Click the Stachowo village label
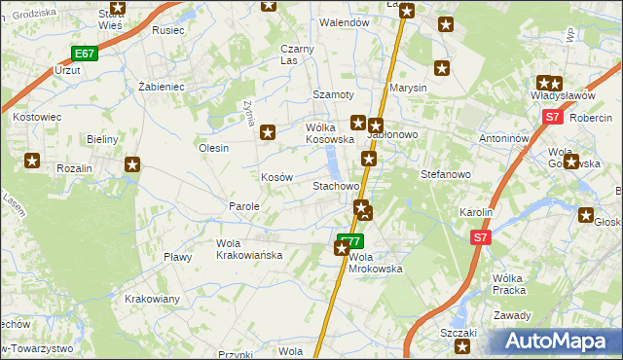point(336,185)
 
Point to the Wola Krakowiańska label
point(248,249)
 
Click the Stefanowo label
point(445,175)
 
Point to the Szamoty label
point(331,93)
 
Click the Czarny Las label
point(296,54)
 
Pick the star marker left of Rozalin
point(32,161)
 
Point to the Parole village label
point(243,206)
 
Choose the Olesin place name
point(213,148)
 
